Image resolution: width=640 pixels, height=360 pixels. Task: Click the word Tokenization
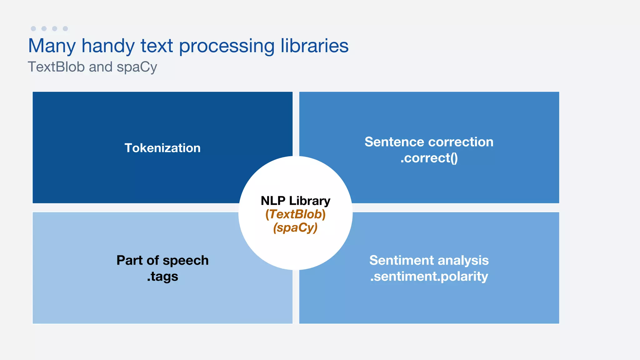(x=162, y=148)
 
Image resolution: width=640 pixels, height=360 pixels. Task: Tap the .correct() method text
(x=429, y=158)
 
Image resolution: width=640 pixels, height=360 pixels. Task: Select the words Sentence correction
(x=429, y=142)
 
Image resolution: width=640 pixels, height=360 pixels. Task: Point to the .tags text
(x=162, y=276)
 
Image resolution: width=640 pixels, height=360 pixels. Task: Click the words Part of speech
(x=162, y=260)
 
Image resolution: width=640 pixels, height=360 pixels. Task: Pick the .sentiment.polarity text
(x=429, y=276)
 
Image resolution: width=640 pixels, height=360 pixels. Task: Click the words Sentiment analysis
(x=429, y=260)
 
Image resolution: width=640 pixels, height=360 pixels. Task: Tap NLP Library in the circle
(x=295, y=201)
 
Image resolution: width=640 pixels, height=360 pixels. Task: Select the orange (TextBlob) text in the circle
(x=295, y=214)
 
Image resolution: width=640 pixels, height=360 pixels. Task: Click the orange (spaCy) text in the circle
(x=295, y=228)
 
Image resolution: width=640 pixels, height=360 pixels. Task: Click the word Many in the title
(x=52, y=46)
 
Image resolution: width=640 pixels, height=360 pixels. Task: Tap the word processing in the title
(x=227, y=46)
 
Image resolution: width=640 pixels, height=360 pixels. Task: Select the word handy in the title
(x=108, y=46)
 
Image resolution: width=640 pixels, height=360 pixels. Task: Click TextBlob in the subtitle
(x=56, y=67)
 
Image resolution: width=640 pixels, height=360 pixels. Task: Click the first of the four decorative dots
(x=33, y=28)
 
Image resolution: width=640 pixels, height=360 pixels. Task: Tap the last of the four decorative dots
(x=65, y=28)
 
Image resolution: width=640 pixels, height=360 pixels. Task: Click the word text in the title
(x=157, y=46)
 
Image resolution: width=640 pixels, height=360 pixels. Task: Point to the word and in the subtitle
(x=101, y=67)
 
